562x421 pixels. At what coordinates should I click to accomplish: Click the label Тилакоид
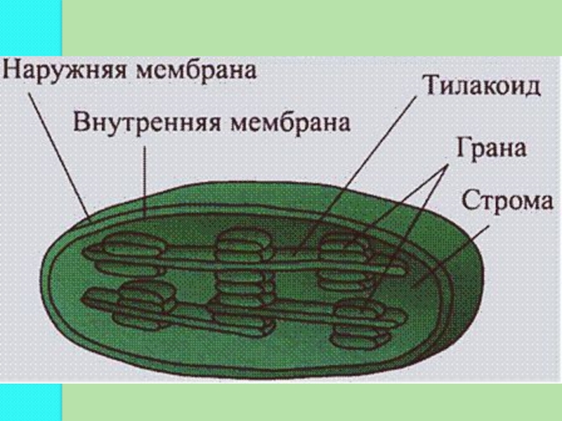coord(481,88)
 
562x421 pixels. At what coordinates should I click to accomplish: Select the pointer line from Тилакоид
coord(365,168)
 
